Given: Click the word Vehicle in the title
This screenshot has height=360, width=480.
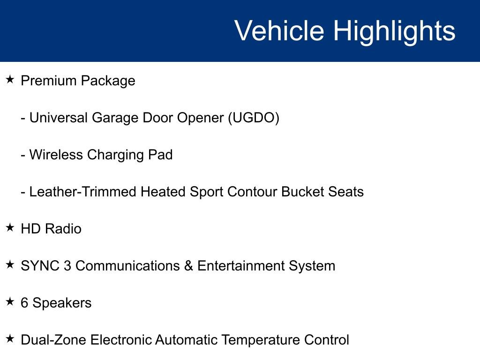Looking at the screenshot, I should coord(279,31).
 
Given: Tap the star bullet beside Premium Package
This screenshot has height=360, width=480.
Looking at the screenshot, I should coord(10,80).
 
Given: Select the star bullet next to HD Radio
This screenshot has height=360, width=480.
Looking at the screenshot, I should coord(10,228).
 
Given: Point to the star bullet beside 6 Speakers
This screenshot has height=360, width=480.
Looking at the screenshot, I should coord(10,302).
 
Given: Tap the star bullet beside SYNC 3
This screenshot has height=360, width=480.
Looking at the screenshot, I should coord(10,265).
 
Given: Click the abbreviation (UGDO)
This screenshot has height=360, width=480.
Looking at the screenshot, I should coord(254,118).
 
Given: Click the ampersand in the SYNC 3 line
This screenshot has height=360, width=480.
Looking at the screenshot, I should coord(188,266).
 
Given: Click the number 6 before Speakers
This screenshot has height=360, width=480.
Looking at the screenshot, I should coord(24,303).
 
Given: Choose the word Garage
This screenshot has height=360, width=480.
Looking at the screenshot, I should coord(115,118).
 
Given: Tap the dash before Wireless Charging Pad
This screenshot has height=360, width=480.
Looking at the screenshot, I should coord(23,155).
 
